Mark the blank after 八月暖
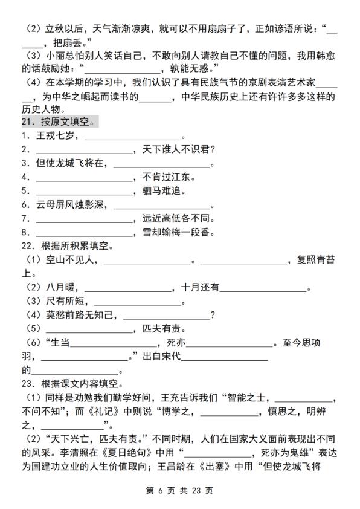pyautogui.click(x=124, y=288)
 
